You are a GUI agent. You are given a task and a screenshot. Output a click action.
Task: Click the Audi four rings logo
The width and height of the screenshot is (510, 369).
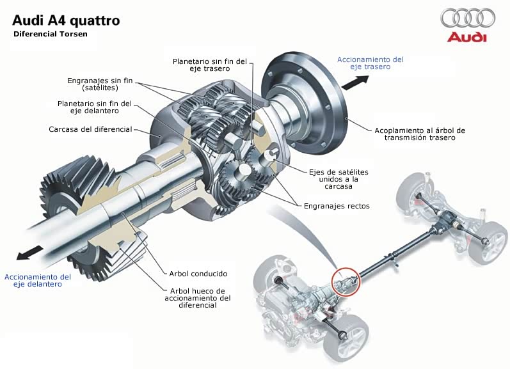pos(468,18)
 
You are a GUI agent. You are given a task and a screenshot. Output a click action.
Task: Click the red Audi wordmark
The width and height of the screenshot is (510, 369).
pos(467,38)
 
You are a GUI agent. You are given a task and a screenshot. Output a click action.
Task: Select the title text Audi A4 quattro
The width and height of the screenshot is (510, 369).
pos(65,20)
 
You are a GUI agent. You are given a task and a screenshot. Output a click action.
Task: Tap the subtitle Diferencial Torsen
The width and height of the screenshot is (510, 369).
pos(51,34)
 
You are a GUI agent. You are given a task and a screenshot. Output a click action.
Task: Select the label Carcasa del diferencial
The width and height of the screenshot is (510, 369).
pos(90,129)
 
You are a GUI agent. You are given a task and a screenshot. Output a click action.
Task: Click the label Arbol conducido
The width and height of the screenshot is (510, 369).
pos(198,273)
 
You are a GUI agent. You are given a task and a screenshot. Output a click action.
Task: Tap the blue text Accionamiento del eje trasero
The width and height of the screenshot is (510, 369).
pos(371,63)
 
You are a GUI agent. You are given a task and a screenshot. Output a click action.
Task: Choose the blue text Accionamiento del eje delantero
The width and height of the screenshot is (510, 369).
pos(38,280)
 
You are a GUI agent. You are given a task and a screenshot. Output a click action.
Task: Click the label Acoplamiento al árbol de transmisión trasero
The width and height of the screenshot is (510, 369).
pos(420,134)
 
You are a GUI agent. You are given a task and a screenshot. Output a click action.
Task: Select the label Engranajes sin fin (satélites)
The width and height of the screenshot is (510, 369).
pos(100,84)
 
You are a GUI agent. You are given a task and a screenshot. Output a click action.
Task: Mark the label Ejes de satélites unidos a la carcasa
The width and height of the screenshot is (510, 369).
pos(339,179)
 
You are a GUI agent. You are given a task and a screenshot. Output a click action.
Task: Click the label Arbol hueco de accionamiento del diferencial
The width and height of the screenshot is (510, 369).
pos(198,297)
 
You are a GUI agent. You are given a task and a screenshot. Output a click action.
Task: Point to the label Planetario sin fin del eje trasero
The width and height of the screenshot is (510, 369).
pos(210,65)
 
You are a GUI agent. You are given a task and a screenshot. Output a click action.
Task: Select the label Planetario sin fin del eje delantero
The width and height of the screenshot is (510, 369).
pos(95,106)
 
